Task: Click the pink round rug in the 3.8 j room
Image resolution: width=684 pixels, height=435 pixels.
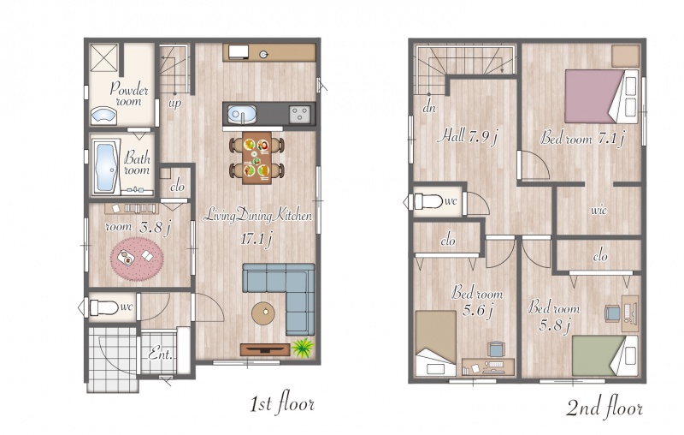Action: click(137, 259)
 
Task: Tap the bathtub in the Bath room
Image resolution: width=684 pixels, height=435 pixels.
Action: click(105, 167)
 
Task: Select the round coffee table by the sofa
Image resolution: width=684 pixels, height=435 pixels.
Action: click(263, 313)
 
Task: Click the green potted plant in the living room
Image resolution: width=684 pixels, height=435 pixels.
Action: click(303, 347)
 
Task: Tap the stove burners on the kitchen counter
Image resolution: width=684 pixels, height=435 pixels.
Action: click(300, 115)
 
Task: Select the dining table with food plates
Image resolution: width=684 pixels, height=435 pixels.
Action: click(256, 158)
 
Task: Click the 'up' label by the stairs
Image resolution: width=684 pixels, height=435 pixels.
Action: click(175, 104)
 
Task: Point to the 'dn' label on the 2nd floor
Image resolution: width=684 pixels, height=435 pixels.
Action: click(429, 107)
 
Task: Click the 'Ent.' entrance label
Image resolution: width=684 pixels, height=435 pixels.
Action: click(161, 353)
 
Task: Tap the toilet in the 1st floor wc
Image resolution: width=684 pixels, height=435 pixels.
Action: click(104, 307)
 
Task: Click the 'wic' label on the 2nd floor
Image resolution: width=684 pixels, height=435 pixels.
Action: click(599, 210)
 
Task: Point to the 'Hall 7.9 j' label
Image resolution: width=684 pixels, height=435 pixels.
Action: click(467, 136)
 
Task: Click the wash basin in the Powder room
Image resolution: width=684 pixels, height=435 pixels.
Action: click(103, 116)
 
